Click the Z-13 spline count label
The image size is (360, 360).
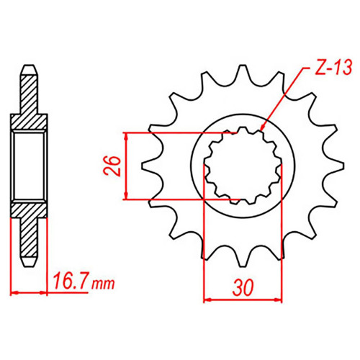click(x=333, y=67)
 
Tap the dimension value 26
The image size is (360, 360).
click(x=112, y=166)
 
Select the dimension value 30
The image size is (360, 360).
click(x=243, y=287)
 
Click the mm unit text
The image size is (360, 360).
click(x=103, y=284)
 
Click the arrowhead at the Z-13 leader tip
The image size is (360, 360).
click(x=263, y=127)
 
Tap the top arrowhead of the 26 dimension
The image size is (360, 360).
click(x=125, y=137)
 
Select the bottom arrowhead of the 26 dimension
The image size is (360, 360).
click(x=125, y=195)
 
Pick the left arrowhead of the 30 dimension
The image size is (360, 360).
click(x=207, y=300)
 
